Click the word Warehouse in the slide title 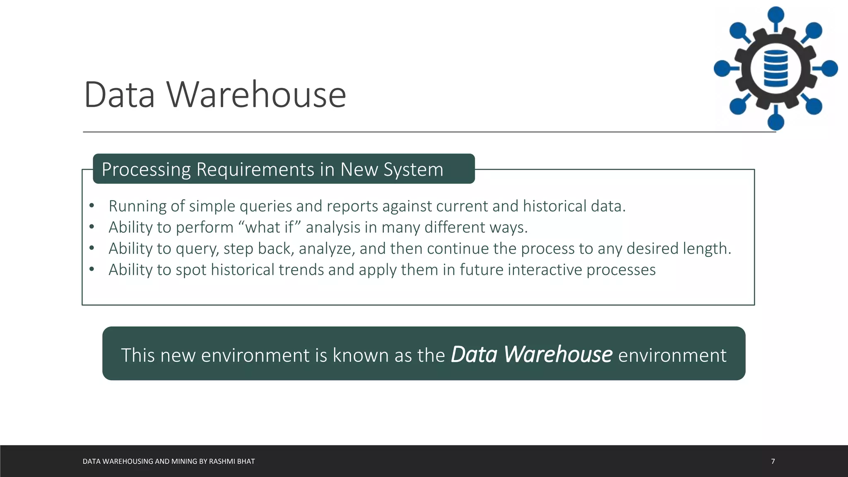(256, 95)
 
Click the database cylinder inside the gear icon (776, 68)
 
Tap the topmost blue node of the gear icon (776, 15)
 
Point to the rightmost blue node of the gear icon (829, 68)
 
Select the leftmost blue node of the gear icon (722, 68)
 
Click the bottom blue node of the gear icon (776, 122)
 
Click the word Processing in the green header (146, 169)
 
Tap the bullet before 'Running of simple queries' (92, 205)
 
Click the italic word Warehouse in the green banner (558, 354)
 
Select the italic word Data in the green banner (474, 354)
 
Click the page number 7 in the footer (773, 461)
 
